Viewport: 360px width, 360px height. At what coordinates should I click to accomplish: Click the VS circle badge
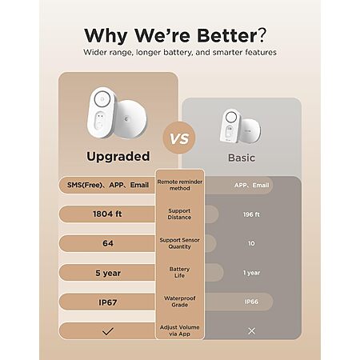(179, 138)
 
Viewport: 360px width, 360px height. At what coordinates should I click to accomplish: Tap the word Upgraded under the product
(118, 157)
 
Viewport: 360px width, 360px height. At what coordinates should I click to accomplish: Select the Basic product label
(242, 158)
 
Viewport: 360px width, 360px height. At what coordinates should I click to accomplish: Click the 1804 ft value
(107, 214)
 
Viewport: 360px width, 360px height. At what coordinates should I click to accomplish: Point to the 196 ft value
(251, 214)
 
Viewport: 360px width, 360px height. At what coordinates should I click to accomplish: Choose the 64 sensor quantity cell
(108, 243)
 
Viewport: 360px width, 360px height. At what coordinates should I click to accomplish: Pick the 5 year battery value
(108, 273)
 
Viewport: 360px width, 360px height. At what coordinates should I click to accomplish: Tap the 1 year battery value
(251, 273)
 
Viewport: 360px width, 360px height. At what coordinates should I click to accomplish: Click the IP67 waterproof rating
(108, 302)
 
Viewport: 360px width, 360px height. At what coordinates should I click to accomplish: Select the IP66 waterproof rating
(251, 302)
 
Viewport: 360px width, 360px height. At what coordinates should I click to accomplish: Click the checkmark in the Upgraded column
(108, 331)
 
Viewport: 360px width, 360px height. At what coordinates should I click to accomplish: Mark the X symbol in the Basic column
(251, 331)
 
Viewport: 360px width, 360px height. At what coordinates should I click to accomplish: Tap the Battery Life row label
(179, 272)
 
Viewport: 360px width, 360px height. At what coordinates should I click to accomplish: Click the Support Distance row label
(179, 214)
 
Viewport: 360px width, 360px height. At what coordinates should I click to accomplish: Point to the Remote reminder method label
(180, 185)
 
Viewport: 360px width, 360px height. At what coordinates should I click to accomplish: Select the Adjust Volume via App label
(179, 330)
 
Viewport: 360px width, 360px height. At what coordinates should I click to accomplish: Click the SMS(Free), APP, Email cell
(108, 185)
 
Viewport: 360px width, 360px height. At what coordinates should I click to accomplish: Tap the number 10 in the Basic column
(251, 243)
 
